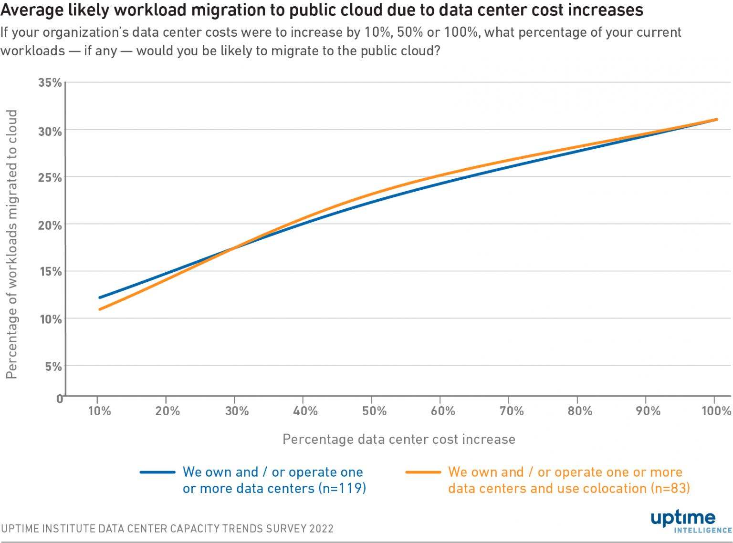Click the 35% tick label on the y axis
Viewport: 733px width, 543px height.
click(x=50, y=82)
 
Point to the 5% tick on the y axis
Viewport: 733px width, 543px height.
click(x=53, y=367)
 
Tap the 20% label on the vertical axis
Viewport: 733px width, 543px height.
click(x=50, y=225)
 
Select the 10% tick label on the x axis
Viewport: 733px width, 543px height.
click(x=99, y=411)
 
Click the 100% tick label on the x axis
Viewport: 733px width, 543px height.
click(x=716, y=411)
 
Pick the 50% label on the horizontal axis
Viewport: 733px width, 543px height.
click(x=374, y=411)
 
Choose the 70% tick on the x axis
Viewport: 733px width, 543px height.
click(x=511, y=411)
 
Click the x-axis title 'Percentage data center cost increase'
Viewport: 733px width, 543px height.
click(x=399, y=439)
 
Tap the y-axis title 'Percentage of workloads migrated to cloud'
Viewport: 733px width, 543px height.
click(x=11, y=244)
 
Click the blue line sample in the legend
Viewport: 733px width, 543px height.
click(x=157, y=472)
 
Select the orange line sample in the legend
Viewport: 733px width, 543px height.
click(x=423, y=472)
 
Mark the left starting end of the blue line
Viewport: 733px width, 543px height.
click(x=100, y=297)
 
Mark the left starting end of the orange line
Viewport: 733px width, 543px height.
click(x=100, y=309)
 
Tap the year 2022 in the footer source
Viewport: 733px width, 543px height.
click(x=321, y=529)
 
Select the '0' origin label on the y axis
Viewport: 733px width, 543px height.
click(x=60, y=399)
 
